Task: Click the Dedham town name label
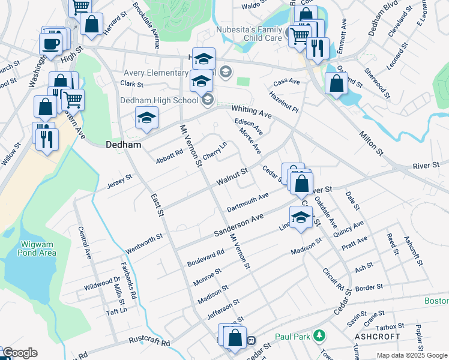tap(123, 145)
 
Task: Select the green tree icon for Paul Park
tap(321, 335)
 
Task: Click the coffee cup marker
tap(50, 43)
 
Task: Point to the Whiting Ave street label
tap(252, 111)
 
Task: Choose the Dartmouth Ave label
tap(247, 203)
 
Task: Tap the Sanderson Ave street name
tap(240, 226)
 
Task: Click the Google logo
tap(20, 353)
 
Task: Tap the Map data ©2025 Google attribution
tap(412, 355)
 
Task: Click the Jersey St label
tap(119, 179)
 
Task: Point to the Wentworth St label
tap(144, 244)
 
